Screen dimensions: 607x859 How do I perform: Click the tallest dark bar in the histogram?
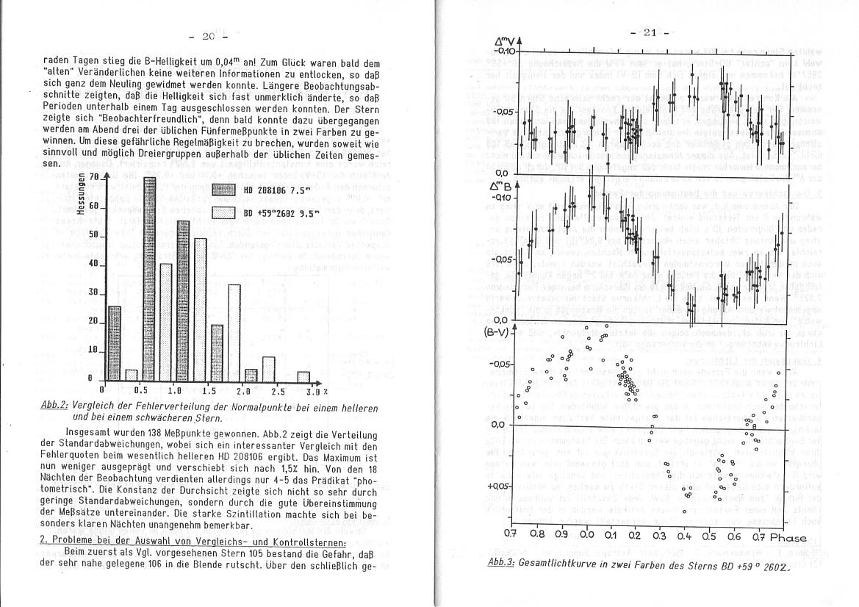(x=149, y=279)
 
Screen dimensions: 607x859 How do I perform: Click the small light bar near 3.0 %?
(x=303, y=376)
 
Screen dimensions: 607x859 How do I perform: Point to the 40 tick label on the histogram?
(x=93, y=263)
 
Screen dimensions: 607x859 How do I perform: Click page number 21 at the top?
(x=647, y=32)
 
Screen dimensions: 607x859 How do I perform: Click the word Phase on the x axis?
(x=786, y=537)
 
